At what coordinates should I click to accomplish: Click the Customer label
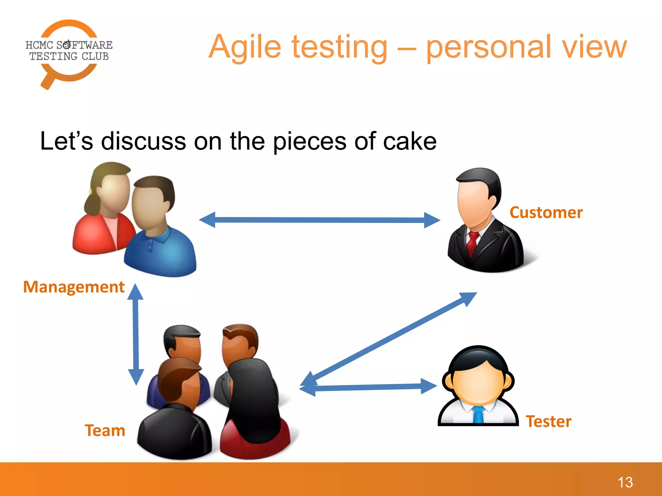click(546, 212)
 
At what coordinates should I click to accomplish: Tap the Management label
click(74, 287)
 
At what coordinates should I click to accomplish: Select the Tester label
click(549, 421)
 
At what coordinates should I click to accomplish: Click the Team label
click(105, 430)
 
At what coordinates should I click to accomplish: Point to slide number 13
click(625, 482)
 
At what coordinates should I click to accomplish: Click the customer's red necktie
click(473, 243)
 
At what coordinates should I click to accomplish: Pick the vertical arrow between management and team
click(136, 334)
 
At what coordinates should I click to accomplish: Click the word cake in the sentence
click(410, 141)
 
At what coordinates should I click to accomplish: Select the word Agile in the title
click(245, 48)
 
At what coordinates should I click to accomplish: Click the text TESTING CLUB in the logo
click(69, 57)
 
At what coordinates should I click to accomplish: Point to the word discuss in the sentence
click(143, 141)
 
